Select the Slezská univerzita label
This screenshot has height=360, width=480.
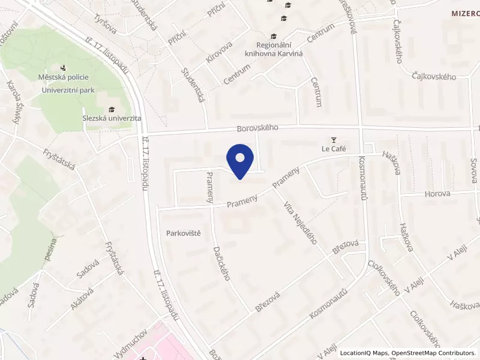(111, 118)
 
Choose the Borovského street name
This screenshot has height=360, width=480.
(259, 128)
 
